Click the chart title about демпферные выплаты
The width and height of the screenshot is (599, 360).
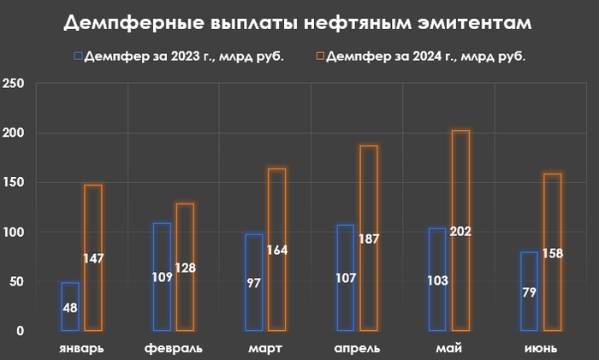pos(299,23)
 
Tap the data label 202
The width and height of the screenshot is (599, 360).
pos(460,231)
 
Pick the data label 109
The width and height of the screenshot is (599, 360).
pos(162,278)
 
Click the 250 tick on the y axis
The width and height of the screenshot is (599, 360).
pos(14,84)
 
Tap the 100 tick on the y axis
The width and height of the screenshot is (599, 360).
pos(14,232)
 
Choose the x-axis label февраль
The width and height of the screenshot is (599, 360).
pos(174,348)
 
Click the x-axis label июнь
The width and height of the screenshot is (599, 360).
pos(542,348)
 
